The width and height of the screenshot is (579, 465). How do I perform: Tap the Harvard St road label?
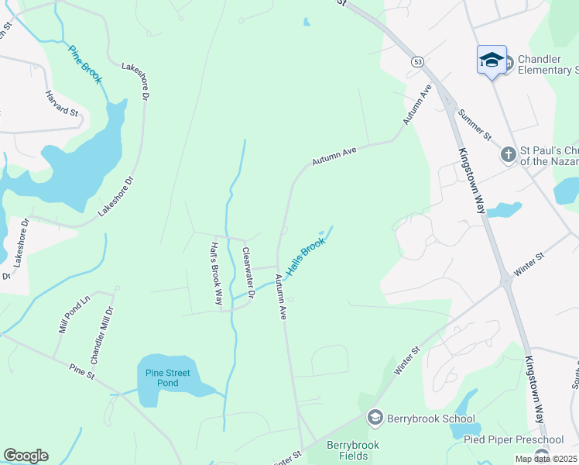tap(63, 103)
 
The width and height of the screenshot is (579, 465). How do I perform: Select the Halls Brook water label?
tap(305, 257)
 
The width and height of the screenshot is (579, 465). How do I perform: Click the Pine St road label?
tap(81, 371)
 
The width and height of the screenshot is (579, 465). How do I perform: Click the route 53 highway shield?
tap(417, 62)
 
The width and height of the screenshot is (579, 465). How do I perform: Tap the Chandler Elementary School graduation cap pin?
tap(492, 60)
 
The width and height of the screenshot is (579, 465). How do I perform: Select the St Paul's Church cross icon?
tap(508, 155)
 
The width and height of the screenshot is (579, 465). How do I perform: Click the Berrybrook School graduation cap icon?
tap(375, 418)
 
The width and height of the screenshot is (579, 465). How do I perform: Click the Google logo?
tap(26, 456)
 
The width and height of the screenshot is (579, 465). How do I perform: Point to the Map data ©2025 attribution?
tap(546, 459)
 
